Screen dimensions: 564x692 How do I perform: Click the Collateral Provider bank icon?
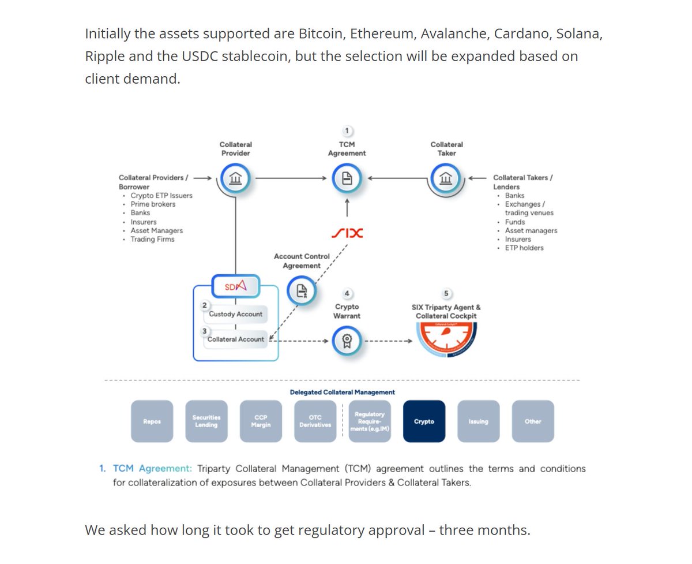click(x=236, y=179)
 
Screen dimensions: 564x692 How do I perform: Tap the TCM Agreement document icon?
click(x=347, y=179)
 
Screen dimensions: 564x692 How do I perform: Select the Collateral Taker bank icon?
click(x=446, y=179)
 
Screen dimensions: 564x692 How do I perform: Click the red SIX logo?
click(x=347, y=234)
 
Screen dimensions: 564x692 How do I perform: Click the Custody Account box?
click(x=235, y=314)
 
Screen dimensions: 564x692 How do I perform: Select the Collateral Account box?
click(x=235, y=339)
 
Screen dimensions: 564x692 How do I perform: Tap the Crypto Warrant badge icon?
click(x=347, y=341)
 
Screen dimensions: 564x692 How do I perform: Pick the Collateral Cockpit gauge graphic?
click(x=446, y=341)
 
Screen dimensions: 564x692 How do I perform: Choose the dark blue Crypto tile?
click(x=424, y=421)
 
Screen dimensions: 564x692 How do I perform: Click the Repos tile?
click(x=152, y=421)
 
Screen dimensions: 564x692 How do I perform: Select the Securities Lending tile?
click(x=206, y=421)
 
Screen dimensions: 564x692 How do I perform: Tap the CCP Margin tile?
click(x=261, y=421)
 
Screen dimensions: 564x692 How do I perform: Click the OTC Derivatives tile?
click(x=315, y=421)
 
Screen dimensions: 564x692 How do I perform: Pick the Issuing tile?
click(x=478, y=421)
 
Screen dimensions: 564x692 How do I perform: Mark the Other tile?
click(x=533, y=421)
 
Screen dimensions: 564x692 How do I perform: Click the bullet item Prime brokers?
click(x=153, y=204)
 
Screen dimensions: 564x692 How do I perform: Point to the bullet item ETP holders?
click(x=524, y=248)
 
